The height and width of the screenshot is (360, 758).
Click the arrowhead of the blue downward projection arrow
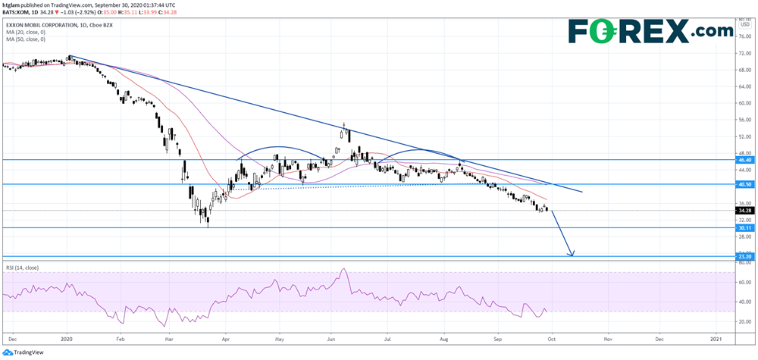[x=572, y=253]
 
